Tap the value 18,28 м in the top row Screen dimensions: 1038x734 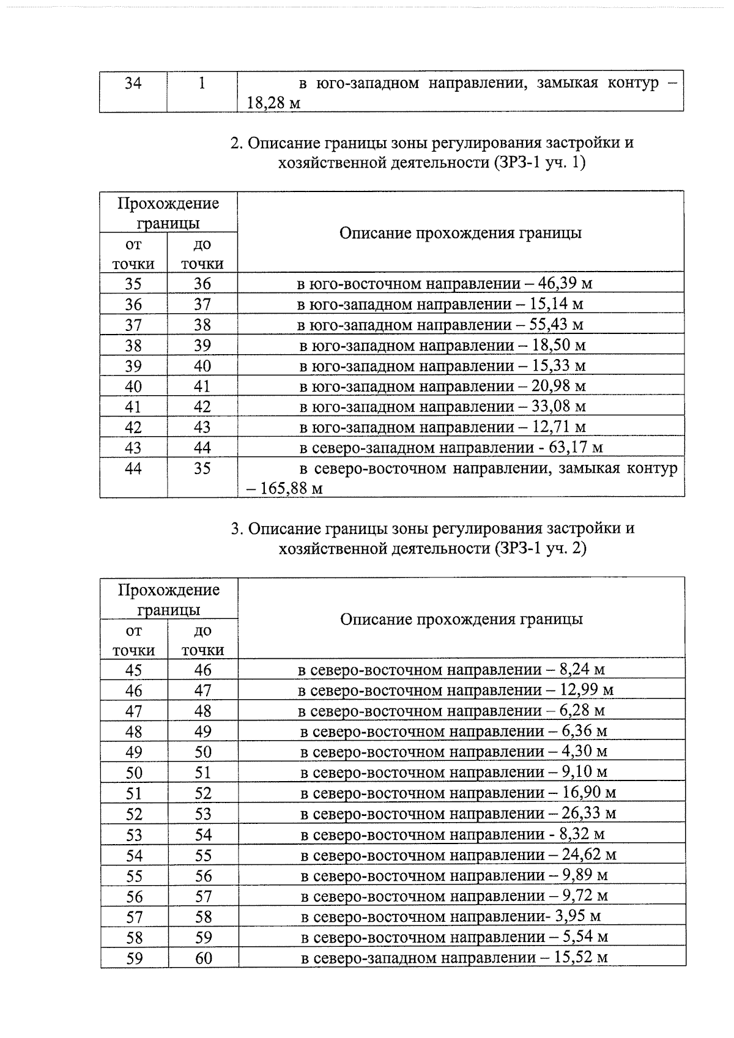pyautogui.click(x=273, y=103)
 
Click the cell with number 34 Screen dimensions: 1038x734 pyautogui.click(x=133, y=83)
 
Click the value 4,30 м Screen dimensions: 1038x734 pyautogui.click(x=585, y=751)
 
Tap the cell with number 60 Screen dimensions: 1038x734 pyautogui.click(x=203, y=958)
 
